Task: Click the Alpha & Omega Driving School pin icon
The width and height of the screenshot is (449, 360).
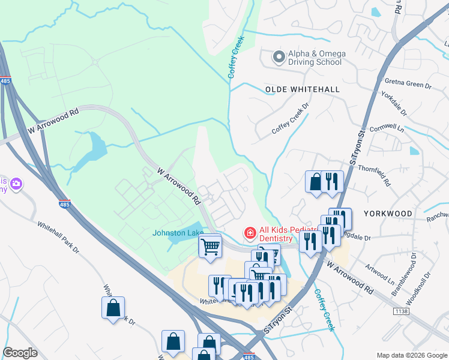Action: click(x=278, y=57)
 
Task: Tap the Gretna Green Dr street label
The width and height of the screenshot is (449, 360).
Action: click(x=411, y=86)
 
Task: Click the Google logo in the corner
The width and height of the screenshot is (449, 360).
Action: click(x=20, y=353)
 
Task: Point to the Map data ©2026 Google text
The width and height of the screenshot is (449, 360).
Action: click(x=412, y=355)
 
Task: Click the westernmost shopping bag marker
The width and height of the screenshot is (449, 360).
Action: click(x=113, y=308)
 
